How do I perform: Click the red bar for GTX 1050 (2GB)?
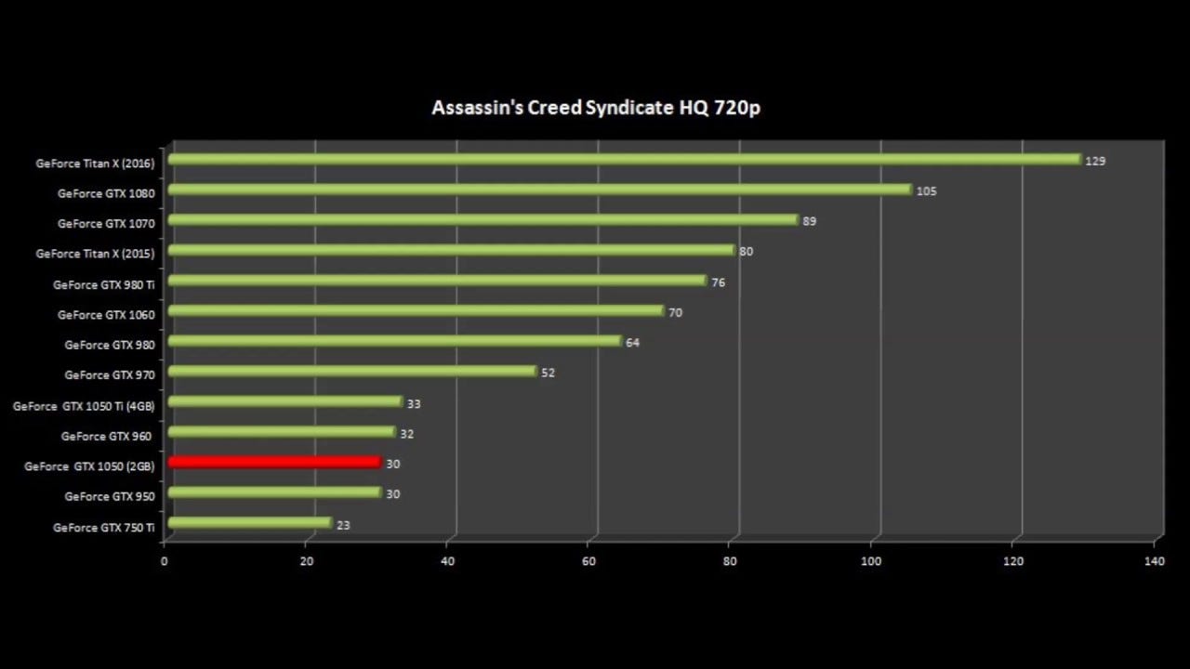[x=274, y=462]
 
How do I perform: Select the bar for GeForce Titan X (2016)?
[x=623, y=160]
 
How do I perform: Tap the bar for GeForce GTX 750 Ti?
[x=249, y=523]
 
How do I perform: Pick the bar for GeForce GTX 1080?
[x=539, y=190]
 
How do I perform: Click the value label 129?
[x=1095, y=162]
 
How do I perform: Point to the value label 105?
[x=926, y=191]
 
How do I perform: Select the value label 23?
[x=343, y=525]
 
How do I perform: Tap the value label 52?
[x=548, y=373]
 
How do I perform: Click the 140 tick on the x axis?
[x=1155, y=561]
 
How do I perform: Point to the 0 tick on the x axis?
[x=165, y=561]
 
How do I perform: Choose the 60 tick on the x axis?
[x=589, y=561]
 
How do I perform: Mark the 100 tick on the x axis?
[x=871, y=561]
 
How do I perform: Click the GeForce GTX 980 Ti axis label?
[x=104, y=285]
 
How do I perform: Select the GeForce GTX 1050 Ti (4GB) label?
[x=84, y=406]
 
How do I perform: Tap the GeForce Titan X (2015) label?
[x=95, y=254]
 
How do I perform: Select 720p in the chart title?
[x=737, y=108]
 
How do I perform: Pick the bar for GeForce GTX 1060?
[x=416, y=310]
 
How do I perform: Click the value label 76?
[x=718, y=282]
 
